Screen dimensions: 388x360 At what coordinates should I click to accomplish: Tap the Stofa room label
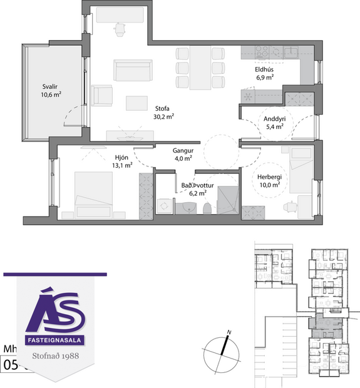(163, 107)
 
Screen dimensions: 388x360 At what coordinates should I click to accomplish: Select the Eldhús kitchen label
(263, 69)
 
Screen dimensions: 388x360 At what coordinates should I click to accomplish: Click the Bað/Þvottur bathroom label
(195, 186)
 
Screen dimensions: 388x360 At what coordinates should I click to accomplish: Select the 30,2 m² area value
(163, 116)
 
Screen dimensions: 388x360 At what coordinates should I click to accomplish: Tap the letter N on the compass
(229, 332)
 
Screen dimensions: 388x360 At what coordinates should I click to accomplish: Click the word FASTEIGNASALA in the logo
(56, 340)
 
